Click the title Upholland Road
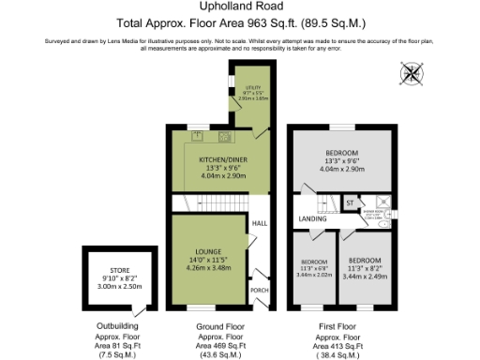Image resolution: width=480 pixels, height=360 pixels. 240,7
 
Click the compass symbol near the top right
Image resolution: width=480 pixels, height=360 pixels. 411,73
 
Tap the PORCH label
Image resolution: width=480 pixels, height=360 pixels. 260,290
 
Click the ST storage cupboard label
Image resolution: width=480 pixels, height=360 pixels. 350,202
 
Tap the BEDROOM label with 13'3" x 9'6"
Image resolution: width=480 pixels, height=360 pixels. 342,154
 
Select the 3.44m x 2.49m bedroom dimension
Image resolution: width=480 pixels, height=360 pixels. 365,277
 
